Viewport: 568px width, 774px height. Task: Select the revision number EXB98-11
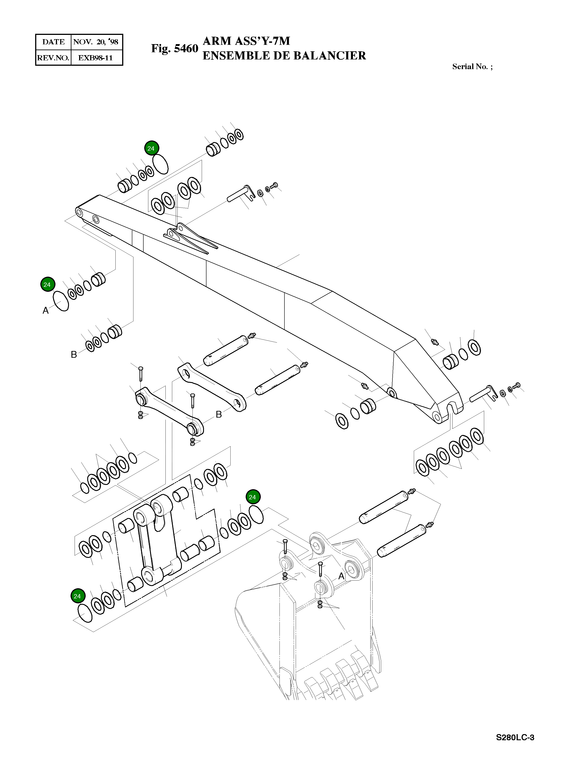pyautogui.click(x=95, y=58)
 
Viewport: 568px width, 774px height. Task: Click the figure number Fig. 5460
pyautogui.click(x=175, y=48)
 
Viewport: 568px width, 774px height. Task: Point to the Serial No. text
pyautogui.click(x=472, y=67)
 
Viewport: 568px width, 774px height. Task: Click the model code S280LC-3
pyautogui.click(x=515, y=737)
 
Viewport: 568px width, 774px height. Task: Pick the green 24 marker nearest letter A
pyautogui.click(x=47, y=284)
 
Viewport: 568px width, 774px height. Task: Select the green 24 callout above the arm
pyautogui.click(x=151, y=148)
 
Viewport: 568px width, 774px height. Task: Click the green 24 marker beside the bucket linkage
pyautogui.click(x=253, y=497)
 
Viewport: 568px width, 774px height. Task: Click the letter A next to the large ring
pyautogui.click(x=45, y=310)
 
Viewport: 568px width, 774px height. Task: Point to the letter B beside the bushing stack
pyautogui.click(x=73, y=354)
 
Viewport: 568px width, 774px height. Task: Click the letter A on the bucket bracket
pyautogui.click(x=341, y=576)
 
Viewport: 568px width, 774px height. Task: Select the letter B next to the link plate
pyautogui.click(x=219, y=414)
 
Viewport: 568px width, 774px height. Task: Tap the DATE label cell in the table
pyautogui.click(x=53, y=42)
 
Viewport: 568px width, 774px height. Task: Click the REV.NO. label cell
pyautogui.click(x=53, y=58)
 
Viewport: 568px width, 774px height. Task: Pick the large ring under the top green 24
pyautogui.click(x=160, y=164)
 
